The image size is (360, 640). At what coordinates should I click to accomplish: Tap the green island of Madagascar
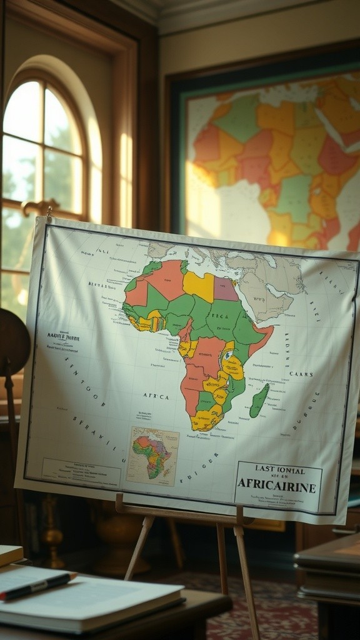tap(259, 401)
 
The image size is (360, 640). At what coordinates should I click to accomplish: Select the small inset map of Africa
tap(152, 456)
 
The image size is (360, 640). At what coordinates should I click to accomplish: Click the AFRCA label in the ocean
tap(156, 396)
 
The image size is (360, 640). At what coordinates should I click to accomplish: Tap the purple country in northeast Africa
tap(226, 289)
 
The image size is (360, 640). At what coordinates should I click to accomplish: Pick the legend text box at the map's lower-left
tap(81, 472)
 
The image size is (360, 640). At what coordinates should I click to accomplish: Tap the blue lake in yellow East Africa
tap(228, 355)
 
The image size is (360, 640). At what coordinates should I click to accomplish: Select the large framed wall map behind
tap(269, 156)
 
